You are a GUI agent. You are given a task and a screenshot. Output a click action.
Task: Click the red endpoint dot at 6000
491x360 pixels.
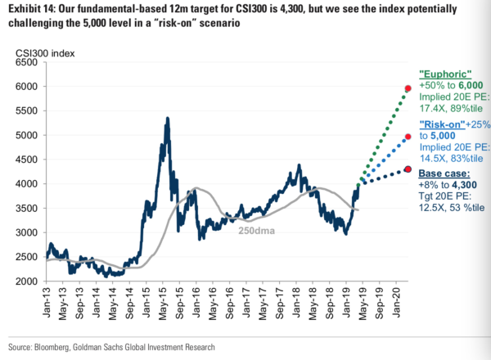(x=408, y=88)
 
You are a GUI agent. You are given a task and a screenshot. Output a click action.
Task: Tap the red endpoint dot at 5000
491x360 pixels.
(x=408, y=137)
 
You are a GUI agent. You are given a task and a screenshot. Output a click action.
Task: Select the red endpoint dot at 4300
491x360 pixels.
(x=408, y=169)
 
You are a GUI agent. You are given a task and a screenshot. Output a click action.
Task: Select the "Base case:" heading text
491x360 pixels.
(x=444, y=174)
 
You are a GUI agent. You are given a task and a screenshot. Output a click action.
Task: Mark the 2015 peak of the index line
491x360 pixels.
(x=168, y=118)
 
